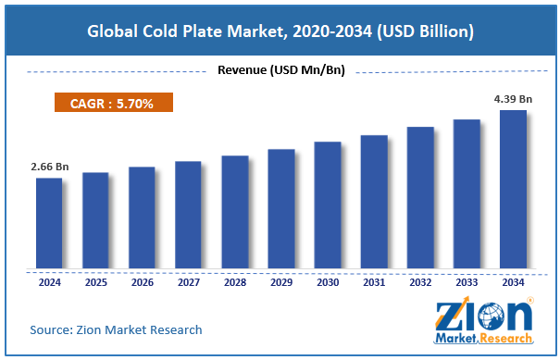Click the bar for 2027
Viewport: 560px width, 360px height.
[188, 215]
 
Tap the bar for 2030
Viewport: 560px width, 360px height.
[327, 205]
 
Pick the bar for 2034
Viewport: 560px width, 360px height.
[513, 190]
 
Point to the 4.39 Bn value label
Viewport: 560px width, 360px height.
[513, 98]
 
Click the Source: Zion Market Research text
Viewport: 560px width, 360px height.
[116, 329]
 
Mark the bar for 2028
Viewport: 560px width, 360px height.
[234, 212]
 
